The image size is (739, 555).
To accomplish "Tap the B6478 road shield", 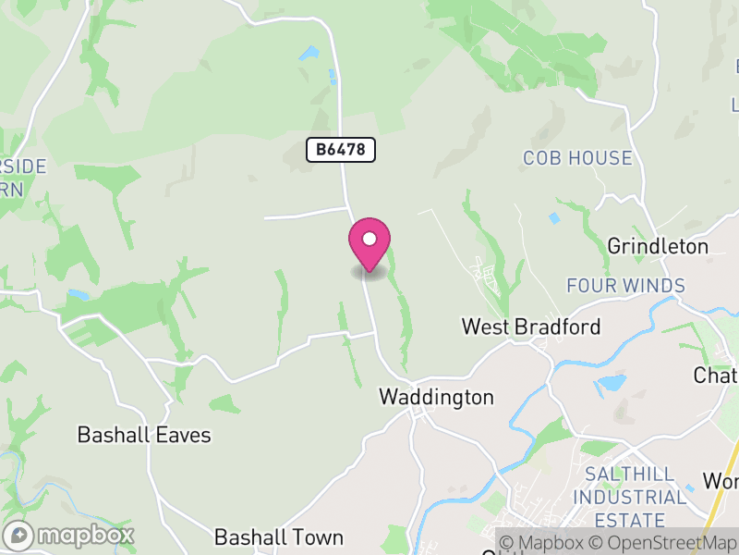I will click(342, 149).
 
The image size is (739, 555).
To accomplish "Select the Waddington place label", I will click(436, 397).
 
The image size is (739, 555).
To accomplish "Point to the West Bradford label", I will click(531, 327).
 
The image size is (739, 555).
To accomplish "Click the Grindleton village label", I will click(658, 246).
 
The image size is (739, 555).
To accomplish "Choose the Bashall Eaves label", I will click(144, 435).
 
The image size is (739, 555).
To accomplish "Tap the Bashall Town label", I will click(279, 537).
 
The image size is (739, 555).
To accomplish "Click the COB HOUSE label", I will click(577, 158).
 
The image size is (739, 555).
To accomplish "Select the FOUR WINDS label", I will click(625, 286).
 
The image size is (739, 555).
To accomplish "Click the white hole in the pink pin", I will click(369, 239).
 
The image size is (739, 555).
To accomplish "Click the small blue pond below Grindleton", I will click(554, 218).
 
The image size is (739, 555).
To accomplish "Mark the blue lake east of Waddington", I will click(611, 383).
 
